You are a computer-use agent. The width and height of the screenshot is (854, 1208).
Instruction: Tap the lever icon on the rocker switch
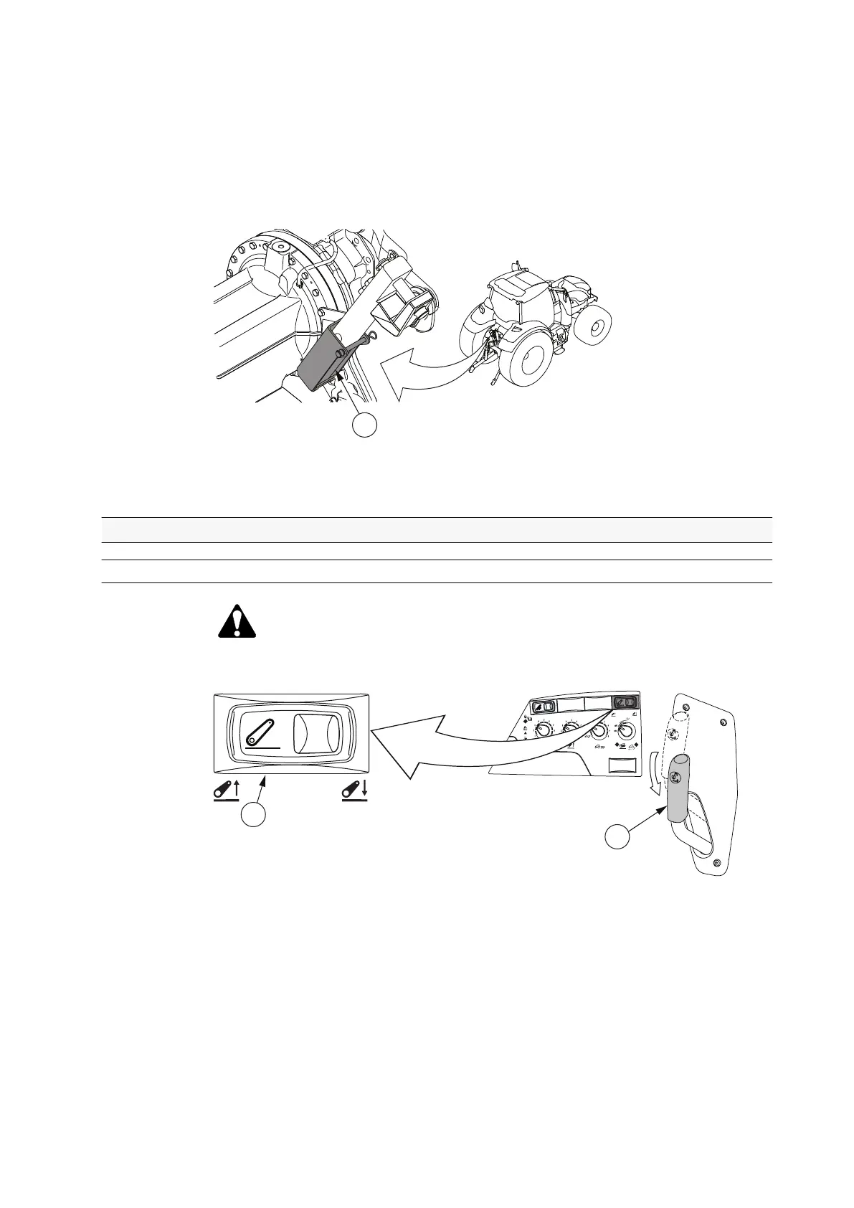pyautogui.click(x=261, y=732)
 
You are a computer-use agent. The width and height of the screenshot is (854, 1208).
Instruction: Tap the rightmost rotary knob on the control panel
pyautogui.click(x=626, y=731)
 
